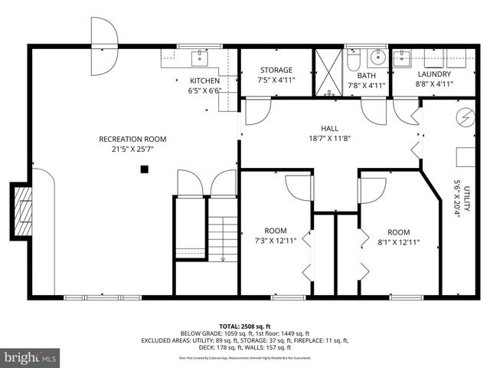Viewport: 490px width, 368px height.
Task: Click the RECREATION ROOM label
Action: tap(132, 139)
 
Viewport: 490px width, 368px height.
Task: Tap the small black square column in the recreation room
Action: tap(143, 169)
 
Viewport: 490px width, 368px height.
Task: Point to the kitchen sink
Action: tap(201, 57)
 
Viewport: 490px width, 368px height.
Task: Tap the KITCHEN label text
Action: tap(204, 80)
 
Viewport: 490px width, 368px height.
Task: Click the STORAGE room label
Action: tap(276, 70)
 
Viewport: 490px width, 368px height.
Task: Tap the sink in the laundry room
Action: tap(403, 58)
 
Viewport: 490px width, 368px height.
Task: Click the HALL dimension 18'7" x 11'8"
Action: tap(330, 139)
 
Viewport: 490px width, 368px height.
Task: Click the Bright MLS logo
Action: tap(31, 357)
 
